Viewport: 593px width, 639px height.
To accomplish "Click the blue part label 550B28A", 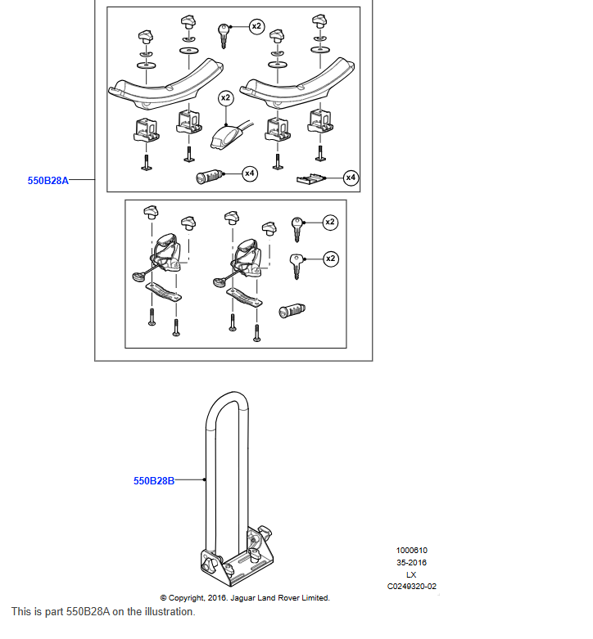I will (48, 182).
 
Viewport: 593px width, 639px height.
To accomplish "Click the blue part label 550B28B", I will (154, 481).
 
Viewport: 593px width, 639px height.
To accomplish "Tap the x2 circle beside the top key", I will (256, 27).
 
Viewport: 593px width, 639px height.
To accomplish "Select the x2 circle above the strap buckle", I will (225, 97).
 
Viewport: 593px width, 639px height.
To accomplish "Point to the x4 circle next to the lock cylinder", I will (248, 173).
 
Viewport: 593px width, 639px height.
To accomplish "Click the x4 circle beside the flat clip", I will (351, 177).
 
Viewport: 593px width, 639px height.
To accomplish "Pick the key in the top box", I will (223, 35).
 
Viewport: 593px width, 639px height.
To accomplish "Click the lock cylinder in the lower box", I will (292, 311).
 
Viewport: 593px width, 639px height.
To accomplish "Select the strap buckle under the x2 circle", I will (224, 137).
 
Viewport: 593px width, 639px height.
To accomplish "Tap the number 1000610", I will (411, 551).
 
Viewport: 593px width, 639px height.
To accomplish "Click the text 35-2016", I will (411, 563).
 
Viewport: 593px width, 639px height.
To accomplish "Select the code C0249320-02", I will (411, 586).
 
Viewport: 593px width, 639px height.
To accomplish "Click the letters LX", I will (411, 574).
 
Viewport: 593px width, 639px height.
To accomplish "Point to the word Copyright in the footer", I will (187, 598).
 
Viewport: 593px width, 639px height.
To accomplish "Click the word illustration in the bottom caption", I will (168, 611).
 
